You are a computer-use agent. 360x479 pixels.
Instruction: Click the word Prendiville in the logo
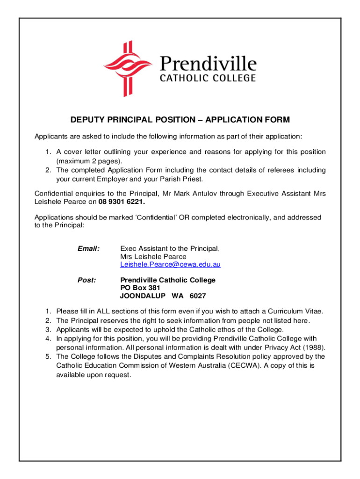[208, 64]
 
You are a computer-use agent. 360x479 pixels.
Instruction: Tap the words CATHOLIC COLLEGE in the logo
[208, 78]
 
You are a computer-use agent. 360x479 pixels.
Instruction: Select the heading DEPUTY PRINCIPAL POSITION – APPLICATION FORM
[180, 120]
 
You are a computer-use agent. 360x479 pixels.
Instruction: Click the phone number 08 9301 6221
[118, 202]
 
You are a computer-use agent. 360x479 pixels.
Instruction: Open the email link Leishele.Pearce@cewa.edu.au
[170, 265]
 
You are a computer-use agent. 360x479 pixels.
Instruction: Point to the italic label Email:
[88, 248]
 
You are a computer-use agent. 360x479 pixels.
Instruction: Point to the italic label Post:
[86, 280]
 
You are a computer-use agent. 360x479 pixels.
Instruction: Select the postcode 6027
[198, 296]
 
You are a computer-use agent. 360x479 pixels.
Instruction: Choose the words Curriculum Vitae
[293, 311]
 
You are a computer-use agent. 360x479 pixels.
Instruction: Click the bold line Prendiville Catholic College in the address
[168, 280]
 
